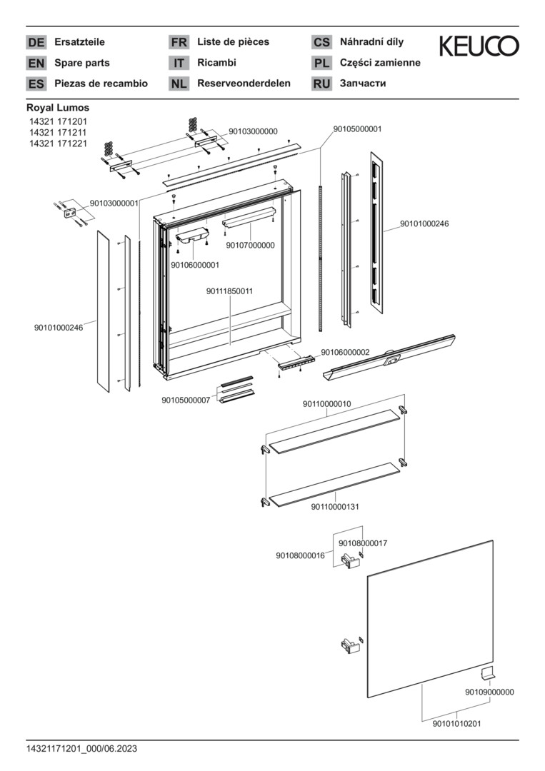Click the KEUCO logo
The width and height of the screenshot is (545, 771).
(x=479, y=46)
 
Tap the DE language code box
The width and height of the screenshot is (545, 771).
(x=36, y=42)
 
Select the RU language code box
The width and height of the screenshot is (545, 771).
(x=321, y=84)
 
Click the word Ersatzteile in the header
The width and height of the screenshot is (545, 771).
(x=79, y=42)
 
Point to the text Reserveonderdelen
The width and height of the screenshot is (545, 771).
(x=244, y=84)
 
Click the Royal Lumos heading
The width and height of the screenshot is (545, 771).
(x=58, y=108)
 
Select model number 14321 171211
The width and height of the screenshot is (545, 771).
(x=58, y=133)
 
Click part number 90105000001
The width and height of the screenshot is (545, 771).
(x=357, y=129)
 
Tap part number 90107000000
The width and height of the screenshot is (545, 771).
(x=250, y=246)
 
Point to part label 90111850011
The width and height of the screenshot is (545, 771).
(x=230, y=291)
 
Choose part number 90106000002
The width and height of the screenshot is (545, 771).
(x=345, y=352)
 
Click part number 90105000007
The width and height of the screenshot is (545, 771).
(x=186, y=400)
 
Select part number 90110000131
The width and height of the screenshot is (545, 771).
(x=334, y=507)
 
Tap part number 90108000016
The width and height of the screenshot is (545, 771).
(x=300, y=555)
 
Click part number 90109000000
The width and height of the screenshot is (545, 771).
(x=489, y=692)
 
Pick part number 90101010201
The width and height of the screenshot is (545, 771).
(x=456, y=723)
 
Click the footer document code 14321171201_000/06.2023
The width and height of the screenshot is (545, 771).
(x=81, y=748)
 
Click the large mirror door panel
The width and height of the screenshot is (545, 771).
(x=429, y=621)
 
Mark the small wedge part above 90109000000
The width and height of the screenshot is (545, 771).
(x=489, y=673)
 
